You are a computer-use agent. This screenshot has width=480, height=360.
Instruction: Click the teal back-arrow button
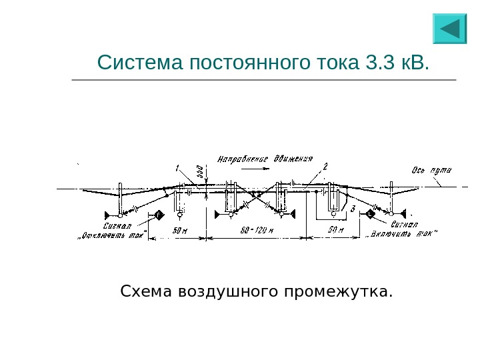[x=450, y=29]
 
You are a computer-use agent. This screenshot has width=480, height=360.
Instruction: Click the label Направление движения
[x=265, y=159]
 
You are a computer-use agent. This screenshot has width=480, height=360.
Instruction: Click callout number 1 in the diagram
[x=178, y=167]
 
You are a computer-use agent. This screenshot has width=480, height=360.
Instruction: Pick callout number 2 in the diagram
[x=325, y=166]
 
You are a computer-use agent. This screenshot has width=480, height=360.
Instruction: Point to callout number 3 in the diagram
[x=352, y=210]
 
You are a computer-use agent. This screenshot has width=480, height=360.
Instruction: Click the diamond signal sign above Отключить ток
[x=159, y=215]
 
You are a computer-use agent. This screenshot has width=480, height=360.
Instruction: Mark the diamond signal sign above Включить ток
[x=371, y=215]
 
